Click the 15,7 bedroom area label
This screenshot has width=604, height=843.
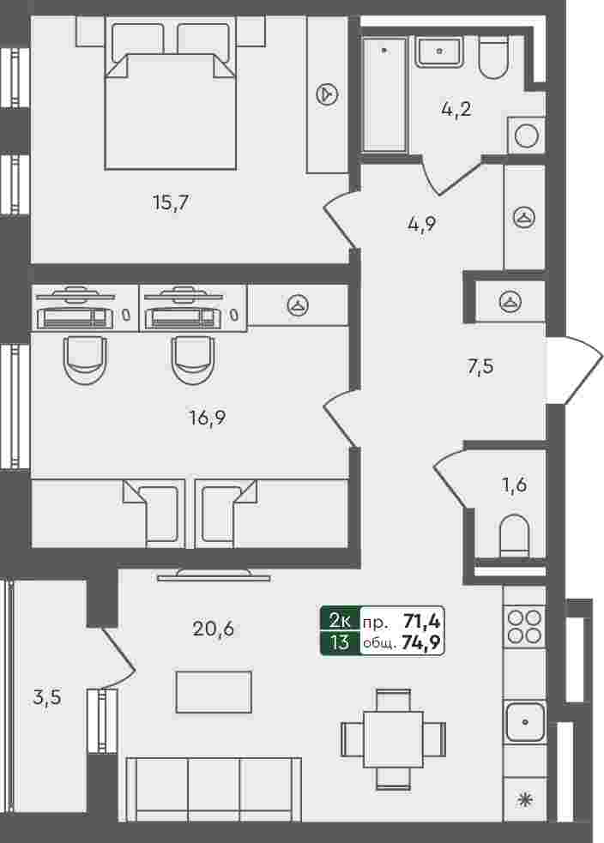(171, 202)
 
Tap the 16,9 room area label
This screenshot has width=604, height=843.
(208, 417)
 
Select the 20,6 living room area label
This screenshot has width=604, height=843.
(213, 628)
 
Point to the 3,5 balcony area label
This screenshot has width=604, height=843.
(47, 697)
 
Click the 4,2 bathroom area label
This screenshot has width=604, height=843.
(456, 109)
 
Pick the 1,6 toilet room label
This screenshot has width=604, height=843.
(514, 485)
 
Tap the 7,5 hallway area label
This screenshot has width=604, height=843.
(480, 367)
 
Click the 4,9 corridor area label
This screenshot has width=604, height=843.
(421, 223)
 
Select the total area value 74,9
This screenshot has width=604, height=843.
(421, 642)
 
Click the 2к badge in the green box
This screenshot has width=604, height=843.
(340, 621)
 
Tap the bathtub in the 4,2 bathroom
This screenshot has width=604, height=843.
(384, 94)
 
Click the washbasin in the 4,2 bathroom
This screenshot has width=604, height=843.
(439, 51)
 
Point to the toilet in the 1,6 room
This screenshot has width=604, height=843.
(515, 535)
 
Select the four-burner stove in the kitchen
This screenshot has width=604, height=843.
(524, 627)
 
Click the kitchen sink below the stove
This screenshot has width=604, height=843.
(524, 721)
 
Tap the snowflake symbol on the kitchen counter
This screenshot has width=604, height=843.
(524, 800)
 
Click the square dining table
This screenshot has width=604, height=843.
(393, 739)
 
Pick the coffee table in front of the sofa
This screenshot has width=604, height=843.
(214, 692)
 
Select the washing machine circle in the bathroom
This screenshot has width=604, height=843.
(526, 136)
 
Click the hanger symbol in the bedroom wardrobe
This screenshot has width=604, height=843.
(327, 94)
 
